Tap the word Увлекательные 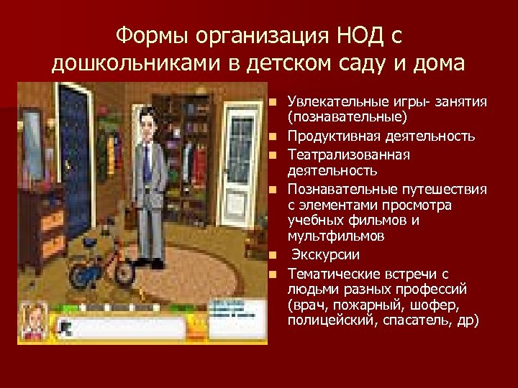(x=330, y=102)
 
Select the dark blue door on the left (x=79, y=144)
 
